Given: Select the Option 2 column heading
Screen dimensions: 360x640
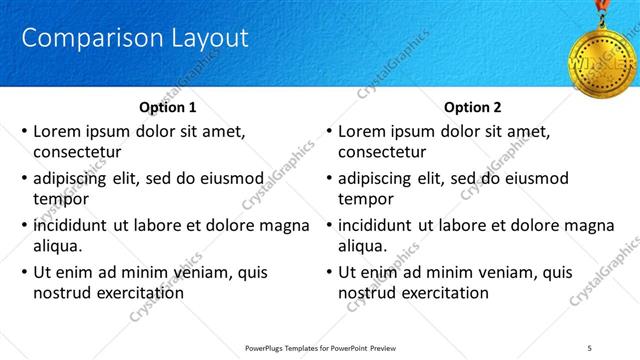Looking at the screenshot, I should click(x=472, y=107).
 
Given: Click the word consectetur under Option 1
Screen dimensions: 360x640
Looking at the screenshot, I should click(x=77, y=152).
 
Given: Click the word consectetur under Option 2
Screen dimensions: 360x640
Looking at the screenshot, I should click(x=383, y=152).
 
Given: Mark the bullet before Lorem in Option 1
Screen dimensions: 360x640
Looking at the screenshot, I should click(x=24, y=131).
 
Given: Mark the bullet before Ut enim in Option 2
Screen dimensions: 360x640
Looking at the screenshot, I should click(x=329, y=272).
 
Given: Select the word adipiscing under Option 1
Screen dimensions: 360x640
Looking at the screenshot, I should click(x=74, y=178).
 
